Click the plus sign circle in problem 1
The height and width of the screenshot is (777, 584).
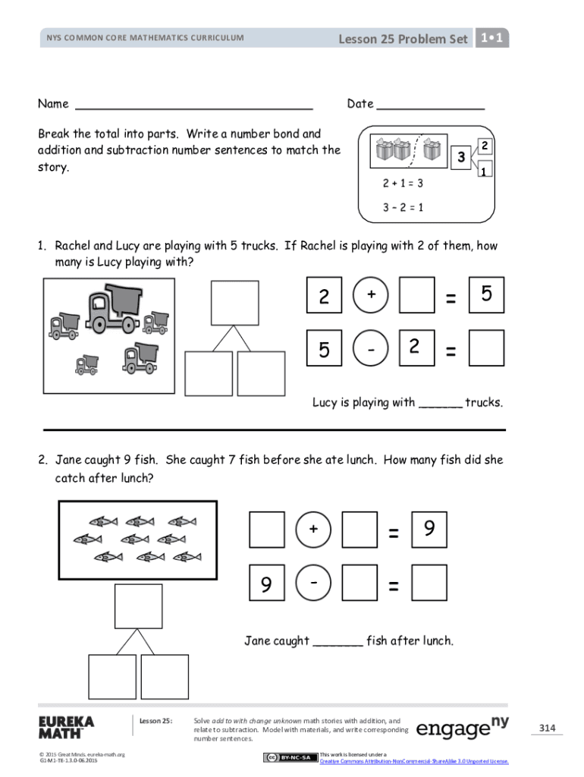tap(371, 295)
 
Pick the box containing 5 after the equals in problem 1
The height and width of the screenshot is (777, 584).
tap(487, 295)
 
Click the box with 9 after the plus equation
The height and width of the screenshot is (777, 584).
tap(429, 530)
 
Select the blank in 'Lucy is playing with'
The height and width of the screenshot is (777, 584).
tap(440, 404)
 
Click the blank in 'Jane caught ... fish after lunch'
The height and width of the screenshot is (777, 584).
tap(338, 642)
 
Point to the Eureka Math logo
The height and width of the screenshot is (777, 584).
tap(66, 726)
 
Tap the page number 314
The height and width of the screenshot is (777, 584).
tap(547, 728)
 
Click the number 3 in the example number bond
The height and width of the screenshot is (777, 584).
tap(460, 159)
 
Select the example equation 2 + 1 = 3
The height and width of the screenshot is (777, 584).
tap(403, 184)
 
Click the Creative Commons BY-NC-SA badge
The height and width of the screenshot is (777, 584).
tap(290, 757)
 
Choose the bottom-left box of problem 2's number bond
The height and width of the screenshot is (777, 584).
tap(112, 677)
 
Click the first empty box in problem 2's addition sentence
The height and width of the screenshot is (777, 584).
tap(267, 530)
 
